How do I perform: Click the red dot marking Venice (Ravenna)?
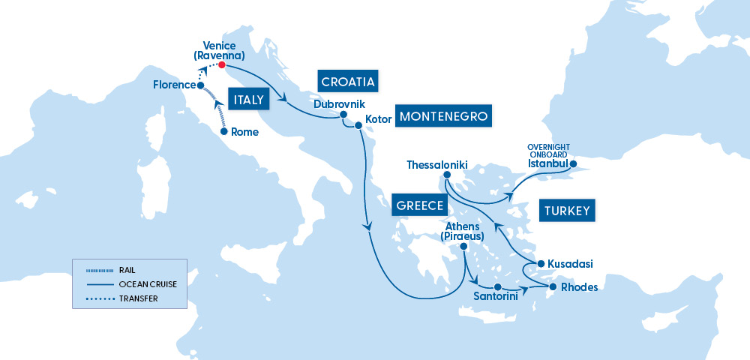[x=222, y=64]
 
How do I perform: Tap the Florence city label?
[x=174, y=85]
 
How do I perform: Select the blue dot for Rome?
[x=223, y=131]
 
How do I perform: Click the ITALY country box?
[x=247, y=100]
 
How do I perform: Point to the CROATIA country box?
[x=347, y=81]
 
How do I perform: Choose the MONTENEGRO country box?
[x=444, y=116]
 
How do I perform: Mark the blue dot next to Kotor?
[x=358, y=125]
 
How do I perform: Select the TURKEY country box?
[x=567, y=210]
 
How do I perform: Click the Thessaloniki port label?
[x=437, y=163]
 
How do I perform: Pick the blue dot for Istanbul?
[x=573, y=163]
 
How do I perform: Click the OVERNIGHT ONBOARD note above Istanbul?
[x=549, y=150]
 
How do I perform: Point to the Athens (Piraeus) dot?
[x=464, y=246]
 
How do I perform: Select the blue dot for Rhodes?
[x=553, y=286]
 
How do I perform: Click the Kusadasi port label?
[x=570, y=264]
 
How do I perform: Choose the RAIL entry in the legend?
[x=126, y=270]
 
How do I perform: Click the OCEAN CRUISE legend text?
[x=143, y=284]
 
